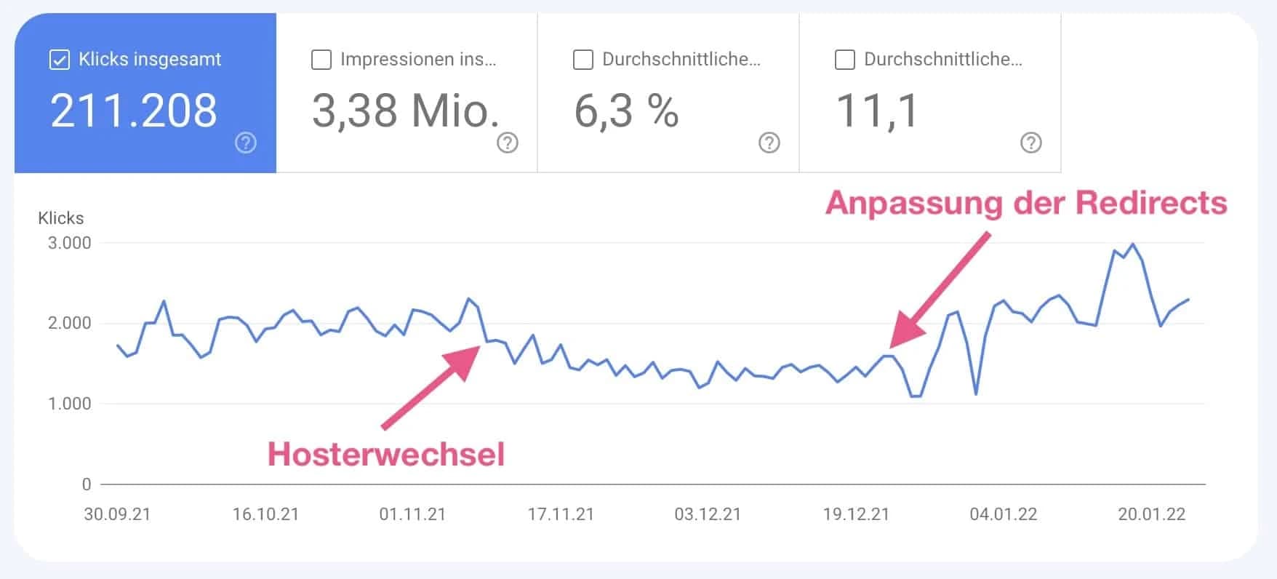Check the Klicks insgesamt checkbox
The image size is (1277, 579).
coord(59,60)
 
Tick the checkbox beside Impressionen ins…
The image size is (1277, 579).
coord(321,60)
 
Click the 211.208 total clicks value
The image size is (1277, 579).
coord(134,111)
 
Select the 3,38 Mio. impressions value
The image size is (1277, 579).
coord(406,111)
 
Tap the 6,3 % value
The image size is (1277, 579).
coord(626,111)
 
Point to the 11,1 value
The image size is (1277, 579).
coord(877,111)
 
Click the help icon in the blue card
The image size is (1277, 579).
coord(246,143)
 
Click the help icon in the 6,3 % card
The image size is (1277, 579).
coord(769,143)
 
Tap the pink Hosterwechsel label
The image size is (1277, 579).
coord(385,455)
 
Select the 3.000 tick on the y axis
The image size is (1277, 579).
coord(70,243)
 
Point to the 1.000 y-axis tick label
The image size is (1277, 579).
coord(70,404)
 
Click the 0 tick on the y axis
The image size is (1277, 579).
coord(87,484)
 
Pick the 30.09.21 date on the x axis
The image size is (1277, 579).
coord(117,515)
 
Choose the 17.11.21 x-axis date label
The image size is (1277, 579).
coord(561,515)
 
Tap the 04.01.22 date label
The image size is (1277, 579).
coord(1003,515)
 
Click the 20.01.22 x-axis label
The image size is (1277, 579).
coord(1151,515)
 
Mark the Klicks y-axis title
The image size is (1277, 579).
coord(61,218)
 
